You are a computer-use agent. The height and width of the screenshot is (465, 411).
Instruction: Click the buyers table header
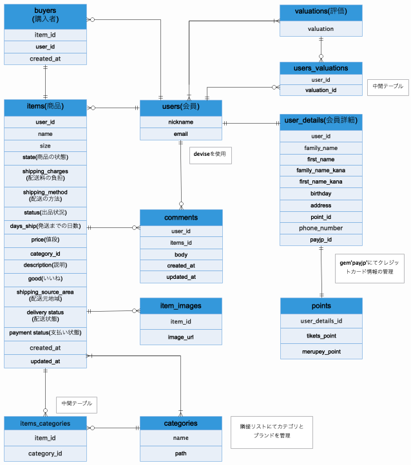(x=45, y=16)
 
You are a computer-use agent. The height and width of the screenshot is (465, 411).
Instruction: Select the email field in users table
(x=181, y=134)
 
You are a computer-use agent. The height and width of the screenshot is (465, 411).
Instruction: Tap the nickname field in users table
(x=181, y=122)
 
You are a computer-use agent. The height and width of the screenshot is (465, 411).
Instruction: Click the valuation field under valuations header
(x=321, y=29)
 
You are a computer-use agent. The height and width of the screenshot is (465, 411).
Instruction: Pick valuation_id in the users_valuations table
(x=321, y=90)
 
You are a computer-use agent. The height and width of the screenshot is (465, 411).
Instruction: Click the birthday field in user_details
(x=321, y=193)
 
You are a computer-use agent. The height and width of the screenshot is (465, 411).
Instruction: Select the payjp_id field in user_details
(x=321, y=240)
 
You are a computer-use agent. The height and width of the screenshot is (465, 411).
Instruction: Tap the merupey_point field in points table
(x=321, y=352)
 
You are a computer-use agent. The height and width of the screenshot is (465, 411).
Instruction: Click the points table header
(x=321, y=305)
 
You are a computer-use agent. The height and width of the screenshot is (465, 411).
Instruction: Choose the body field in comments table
(x=181, y=254)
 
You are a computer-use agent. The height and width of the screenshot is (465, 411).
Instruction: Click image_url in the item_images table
(x=181, y=336)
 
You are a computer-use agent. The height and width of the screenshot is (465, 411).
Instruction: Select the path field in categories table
(x=181, y=453)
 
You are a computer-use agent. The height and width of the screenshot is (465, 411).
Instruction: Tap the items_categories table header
(x=45, y=423)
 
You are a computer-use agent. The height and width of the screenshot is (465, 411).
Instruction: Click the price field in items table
(x=45, y=240)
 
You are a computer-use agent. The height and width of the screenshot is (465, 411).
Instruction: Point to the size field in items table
(x=45, y=146)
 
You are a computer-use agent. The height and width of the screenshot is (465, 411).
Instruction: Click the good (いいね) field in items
(x=45, y=278)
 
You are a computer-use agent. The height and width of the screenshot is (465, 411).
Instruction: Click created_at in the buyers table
(x=45, y=59)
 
